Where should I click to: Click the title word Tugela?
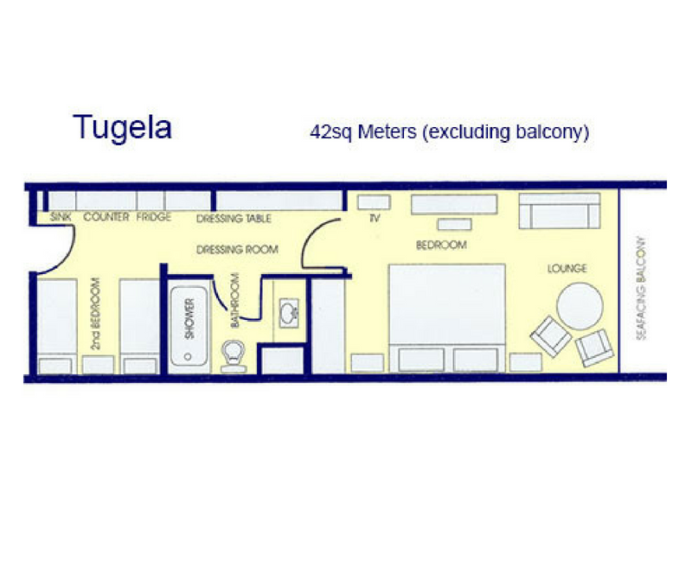[x=122, y=127]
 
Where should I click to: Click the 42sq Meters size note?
[x=450, y=132]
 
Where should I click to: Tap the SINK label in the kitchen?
[x=61, y=217]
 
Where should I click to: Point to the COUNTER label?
[x=106, y=217]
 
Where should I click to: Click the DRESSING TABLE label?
[x=234, y=219]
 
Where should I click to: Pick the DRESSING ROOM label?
[x=237, y=249]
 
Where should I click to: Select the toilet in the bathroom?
[x=234, y=354]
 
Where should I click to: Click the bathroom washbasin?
[x=288, y=312]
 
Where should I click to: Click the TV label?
[x=375, y=219]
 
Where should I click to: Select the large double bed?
[x=446, y=316]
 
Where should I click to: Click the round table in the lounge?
[x=579, y=306]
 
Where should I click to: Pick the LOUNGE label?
[x=567, y=268]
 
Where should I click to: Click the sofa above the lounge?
[x=559, y=210]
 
